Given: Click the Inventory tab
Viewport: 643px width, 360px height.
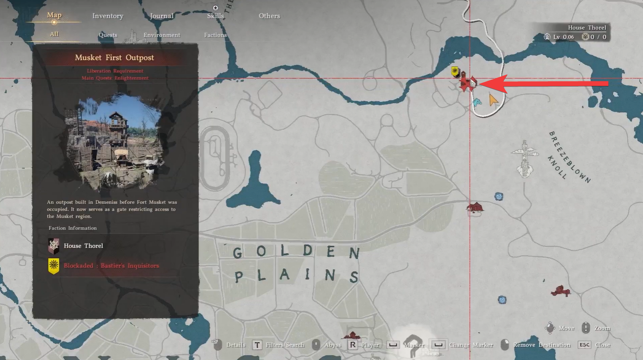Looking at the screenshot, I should pyautogui.click(x=108, y=16).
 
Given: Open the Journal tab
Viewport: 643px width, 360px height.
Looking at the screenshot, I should pyautogui.click(x=162, y=16).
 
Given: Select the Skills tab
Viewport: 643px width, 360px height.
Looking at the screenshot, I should pyautogui.click(x=216, y=16).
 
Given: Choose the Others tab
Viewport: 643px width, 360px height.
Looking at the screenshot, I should pyautogui.click(x=269, y=16).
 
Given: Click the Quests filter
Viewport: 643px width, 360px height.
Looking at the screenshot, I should pyautogui.click(x=108, y=35).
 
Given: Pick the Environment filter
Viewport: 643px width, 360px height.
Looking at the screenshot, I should pyautogui.click(x=162, y=35).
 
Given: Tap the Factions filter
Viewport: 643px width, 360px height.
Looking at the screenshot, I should pyautogui.click(x=216, y=35).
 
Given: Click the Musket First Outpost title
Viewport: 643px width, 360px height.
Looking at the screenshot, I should pyautogui.click(x=114, y=58).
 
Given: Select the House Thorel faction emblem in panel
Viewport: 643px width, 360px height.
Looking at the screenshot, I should pyautogui.click(x=54, y=246).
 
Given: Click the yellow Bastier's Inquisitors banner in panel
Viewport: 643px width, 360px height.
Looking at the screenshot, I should pyautogui.click(x=54, y=266).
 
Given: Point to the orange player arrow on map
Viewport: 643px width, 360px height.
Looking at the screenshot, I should pyautogui.click(x=493, y=100).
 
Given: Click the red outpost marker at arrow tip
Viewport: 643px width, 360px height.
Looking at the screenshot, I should pyautogui.click(x=468, y=84).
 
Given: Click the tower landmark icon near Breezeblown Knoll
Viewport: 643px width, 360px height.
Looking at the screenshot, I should pyautogui.click(x=524, y=157).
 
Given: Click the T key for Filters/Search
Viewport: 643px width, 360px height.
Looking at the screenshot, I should pyautogui.click(x=257, y=345).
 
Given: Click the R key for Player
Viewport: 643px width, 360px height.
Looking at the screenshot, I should pyautogui.click(x=353, y=345).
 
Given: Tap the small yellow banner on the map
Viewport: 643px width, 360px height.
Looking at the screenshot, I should pyautogui.click(x=455, y=72).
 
